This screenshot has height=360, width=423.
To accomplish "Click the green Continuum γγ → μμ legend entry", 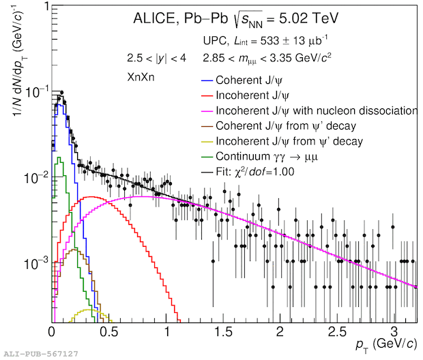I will tap(271, 157).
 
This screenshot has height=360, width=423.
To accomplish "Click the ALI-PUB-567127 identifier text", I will tap(40, 354).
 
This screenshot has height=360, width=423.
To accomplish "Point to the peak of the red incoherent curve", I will tap(91, 196).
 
